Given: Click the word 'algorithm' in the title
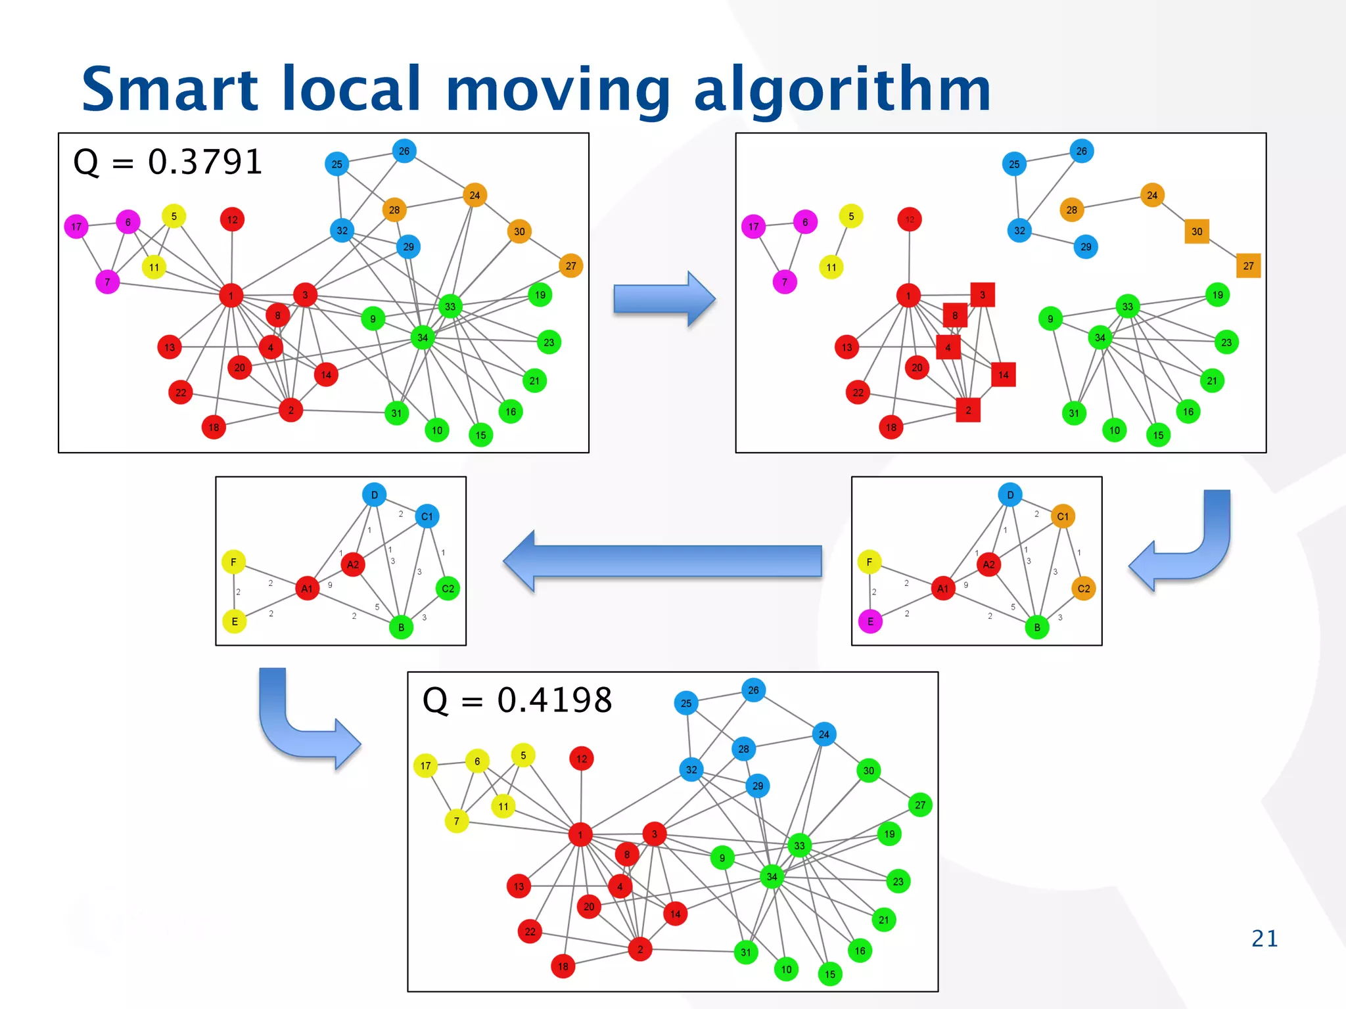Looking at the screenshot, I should click(842, 91).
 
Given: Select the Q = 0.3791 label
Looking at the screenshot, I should click(168, 162).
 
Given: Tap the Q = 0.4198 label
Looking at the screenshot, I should click(517, 700).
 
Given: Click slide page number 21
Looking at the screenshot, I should click(1265, 938).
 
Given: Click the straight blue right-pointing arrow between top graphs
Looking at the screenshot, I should click(664, 299).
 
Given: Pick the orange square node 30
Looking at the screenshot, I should click(1197, 231).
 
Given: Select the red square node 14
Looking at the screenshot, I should click(1003, 375).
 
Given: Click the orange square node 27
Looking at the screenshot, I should click(1248, 266).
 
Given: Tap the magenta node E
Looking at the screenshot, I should click(870, 621).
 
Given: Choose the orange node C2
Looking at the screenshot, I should click(1083, 589).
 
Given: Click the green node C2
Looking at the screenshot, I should click(448, 589).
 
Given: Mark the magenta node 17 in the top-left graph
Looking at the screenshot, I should click(76, 227).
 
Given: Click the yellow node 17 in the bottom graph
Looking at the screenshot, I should click(425, 766).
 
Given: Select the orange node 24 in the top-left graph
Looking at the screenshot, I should click(475, 195).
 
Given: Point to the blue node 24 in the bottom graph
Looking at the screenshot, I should click(824, 734).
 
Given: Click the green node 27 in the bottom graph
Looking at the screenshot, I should click(920, 805).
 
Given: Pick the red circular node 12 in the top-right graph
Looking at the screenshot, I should click(910, 219).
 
